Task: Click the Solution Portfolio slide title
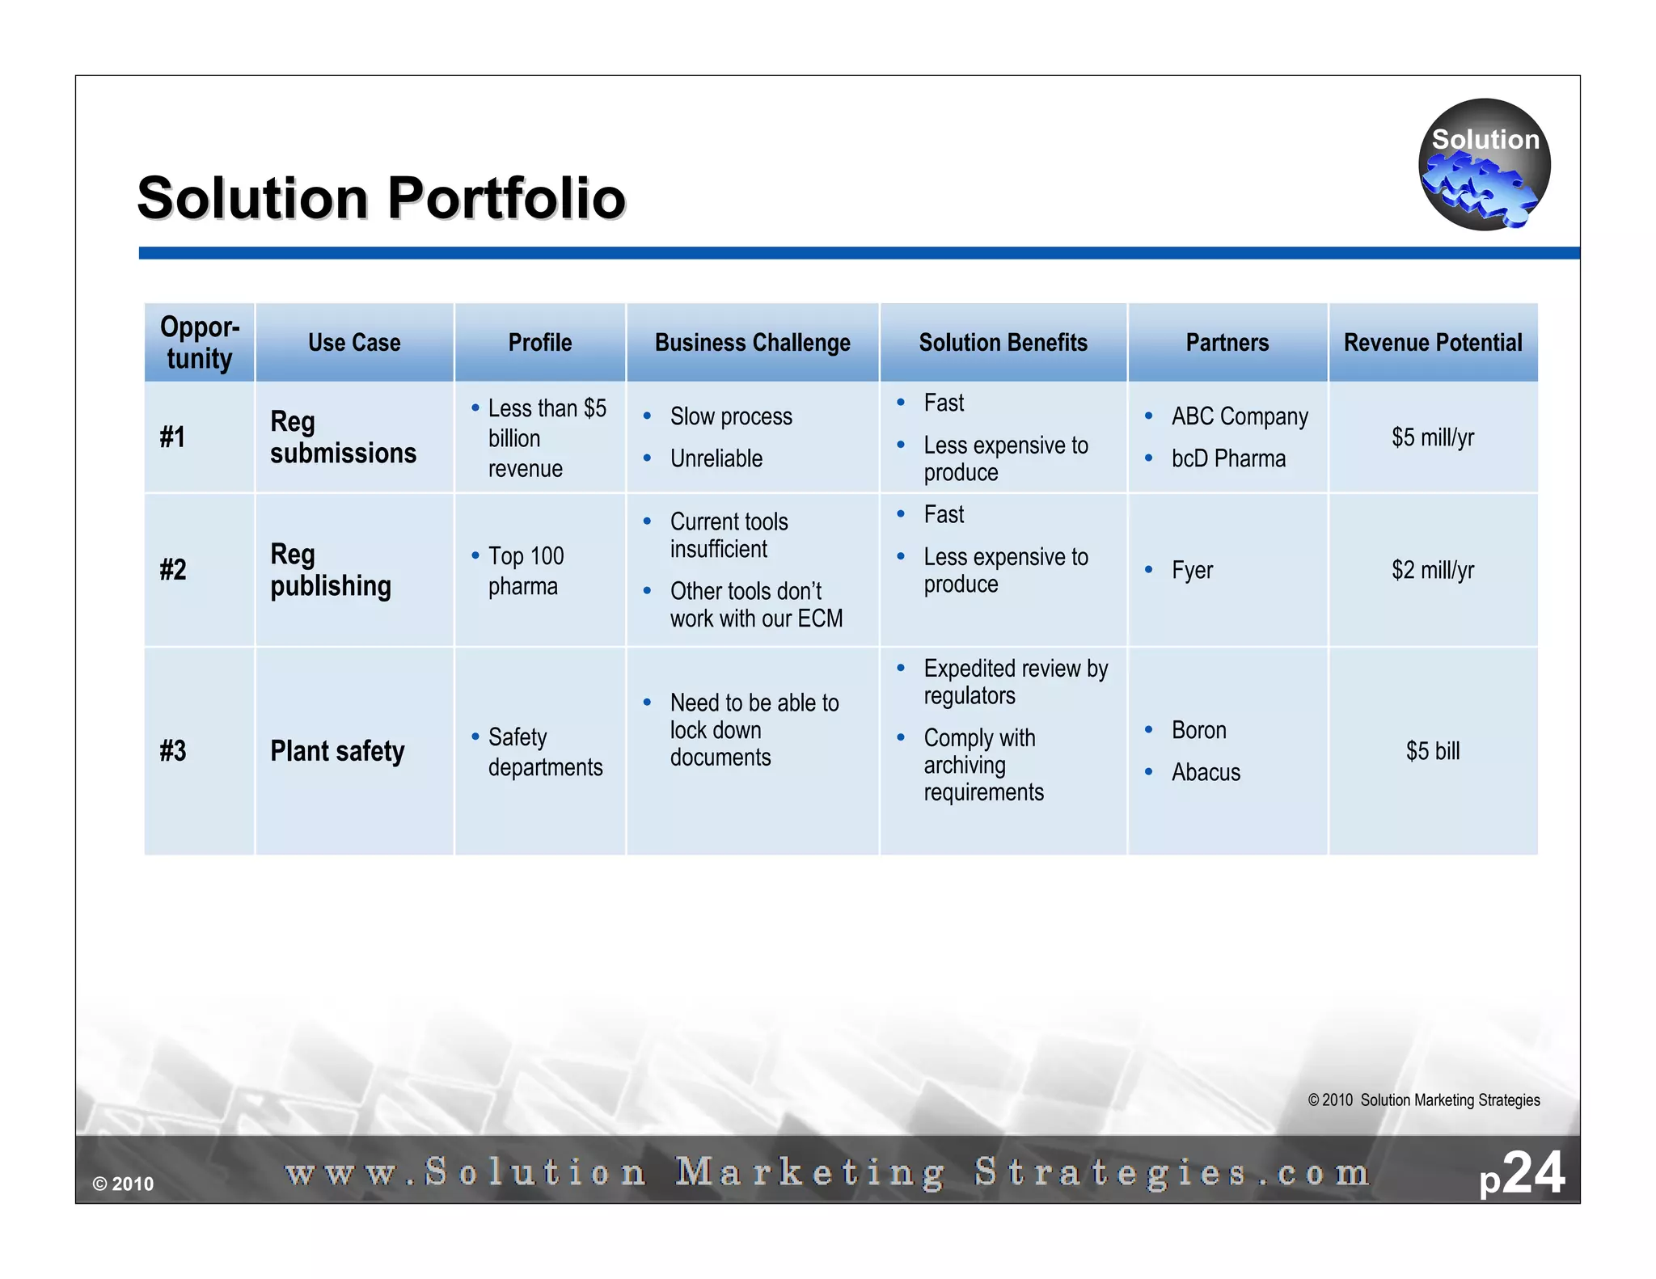pos(381,198)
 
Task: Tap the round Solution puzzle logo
pos(1484,165)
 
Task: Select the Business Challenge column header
pos(752,343)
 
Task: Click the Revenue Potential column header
pos(1432,343)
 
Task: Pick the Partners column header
pos(1227,343)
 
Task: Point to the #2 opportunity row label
pos(173,570)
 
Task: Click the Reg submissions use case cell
pos(343,437)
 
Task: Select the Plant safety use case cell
pos(337,751)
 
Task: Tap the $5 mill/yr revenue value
pos(1432,437)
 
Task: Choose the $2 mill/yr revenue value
pos(1432,570)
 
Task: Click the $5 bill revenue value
pos(1432,751)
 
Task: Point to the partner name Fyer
pos(1192,570)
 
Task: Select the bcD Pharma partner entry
pos(1227,458)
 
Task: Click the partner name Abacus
pos(1205,772)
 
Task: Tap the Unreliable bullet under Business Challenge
pos(716,458)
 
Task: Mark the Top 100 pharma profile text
pos(526,571)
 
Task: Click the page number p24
pos(1522,1174)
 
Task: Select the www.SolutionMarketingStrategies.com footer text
pos(827,1172)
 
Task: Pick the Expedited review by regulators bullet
pos(1015,682)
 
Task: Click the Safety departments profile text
pos(545,752)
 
